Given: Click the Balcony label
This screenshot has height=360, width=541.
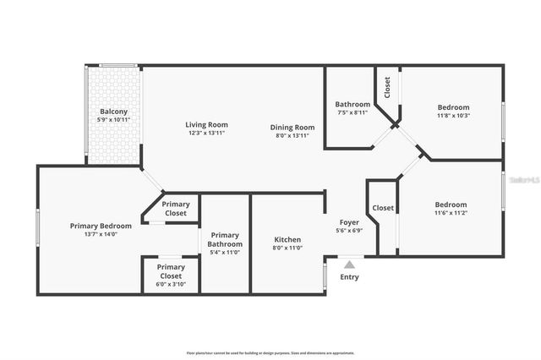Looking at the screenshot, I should pos(114,112).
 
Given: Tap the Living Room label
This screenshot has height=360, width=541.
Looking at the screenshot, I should pos(207,125).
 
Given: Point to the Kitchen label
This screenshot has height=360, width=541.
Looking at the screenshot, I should pos(288,240).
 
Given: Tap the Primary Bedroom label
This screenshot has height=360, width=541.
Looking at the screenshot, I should pos(101,226).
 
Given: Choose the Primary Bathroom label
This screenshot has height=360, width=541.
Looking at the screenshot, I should pos(226,240).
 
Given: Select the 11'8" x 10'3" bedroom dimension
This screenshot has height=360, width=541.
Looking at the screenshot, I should pos(453,116).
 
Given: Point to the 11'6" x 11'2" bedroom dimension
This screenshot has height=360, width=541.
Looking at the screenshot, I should pos(451,214).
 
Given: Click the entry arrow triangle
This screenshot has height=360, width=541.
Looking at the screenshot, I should pos(350,265).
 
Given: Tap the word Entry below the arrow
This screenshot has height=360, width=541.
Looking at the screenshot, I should pos(349,277).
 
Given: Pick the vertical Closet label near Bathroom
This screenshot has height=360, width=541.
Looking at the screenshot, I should pos(387,88).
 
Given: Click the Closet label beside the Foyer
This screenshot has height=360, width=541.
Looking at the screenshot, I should pos(383,208).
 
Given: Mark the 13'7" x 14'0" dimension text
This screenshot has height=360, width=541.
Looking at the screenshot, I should pos(101,235).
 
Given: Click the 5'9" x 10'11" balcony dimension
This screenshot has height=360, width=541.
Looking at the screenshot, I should pos(114,121).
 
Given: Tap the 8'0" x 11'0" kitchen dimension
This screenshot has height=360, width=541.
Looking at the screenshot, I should pos(288,249).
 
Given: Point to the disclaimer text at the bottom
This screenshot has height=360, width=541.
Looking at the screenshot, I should pos(270,353).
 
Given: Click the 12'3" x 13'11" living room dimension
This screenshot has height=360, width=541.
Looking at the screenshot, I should pos(207,134).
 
